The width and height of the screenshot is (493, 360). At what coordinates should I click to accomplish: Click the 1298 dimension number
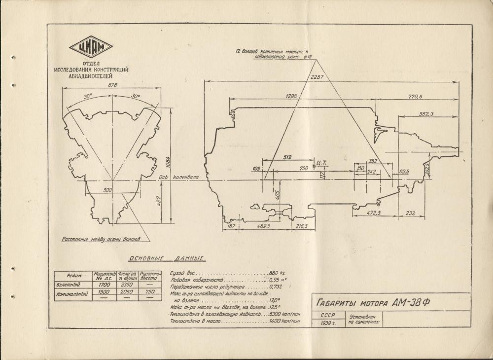pyautogui.click(x=291, y=96)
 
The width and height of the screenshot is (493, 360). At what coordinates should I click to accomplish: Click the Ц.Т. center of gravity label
pyautogui.click(x=323, y=161)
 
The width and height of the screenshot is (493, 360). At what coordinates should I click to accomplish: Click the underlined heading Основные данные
pyautogui.click(x=166, y=258)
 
